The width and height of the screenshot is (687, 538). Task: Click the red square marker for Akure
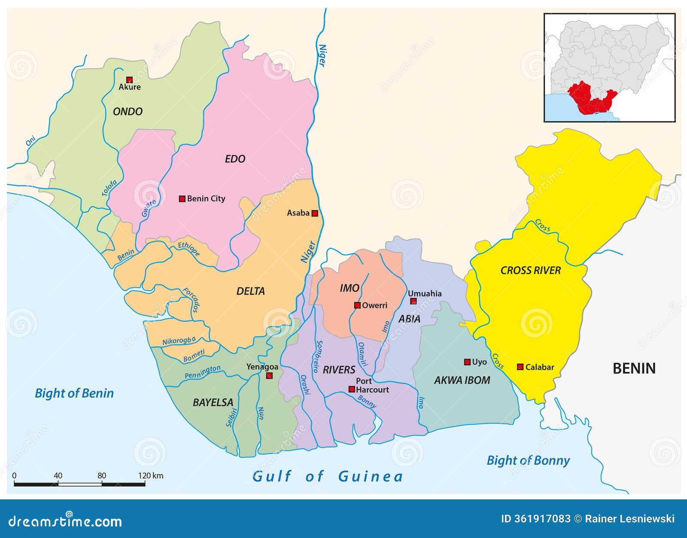click(129, 79)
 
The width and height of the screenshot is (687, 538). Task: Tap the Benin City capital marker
click(182, 198)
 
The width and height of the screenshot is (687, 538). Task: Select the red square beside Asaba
click(315, 213)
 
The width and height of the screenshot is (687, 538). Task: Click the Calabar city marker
click(520, 367)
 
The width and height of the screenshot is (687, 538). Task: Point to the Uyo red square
click(467, 362)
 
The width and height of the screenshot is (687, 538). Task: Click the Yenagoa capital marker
click(269, 376)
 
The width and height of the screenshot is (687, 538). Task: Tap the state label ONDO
click(128, 112)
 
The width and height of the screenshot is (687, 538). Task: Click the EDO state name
click(235, 159)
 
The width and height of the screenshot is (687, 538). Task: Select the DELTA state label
click(250, 291)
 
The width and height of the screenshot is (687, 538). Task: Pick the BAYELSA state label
click(213, 402)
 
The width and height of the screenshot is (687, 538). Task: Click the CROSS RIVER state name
click(531, 271)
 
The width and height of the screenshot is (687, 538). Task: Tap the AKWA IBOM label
click(462, 380)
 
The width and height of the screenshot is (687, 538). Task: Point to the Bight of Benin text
click(74, 393)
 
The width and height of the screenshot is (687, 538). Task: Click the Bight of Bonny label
click(528, 460)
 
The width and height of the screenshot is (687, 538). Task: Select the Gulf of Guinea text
click(328, 476)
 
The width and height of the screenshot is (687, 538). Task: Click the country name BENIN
click(634, 368)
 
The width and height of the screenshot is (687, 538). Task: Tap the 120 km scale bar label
click(151, 475)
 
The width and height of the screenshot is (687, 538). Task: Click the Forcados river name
click(192, 300)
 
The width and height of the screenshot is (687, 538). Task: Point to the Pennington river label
click(203, 372)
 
